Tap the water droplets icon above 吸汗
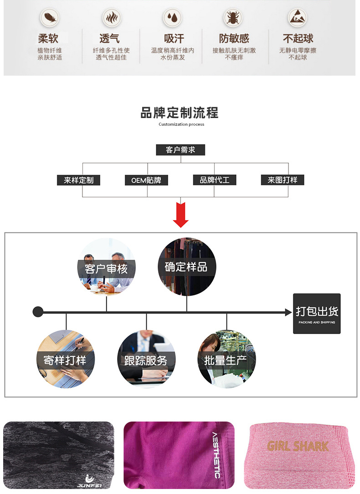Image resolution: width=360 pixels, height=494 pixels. pos(173,19)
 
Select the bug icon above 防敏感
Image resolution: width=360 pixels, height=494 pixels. pos(233,19)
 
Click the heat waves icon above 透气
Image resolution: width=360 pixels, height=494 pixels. pos(111,19)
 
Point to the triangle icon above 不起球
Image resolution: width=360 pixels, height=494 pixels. pos(297,19)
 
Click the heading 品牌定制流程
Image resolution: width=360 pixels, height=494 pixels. pos(180,113)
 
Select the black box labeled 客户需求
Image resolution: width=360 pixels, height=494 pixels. pos(180,150)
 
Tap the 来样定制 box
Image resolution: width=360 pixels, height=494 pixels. pos(79,180)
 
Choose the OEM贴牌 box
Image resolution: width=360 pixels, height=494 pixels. pos(146,180)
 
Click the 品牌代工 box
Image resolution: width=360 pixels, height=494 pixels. pos(215,180)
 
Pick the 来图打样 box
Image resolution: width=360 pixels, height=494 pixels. pos(283,180)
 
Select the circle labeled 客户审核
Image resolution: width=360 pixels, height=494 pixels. pos(106,267)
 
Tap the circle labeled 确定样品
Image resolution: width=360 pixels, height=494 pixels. pos(186,266)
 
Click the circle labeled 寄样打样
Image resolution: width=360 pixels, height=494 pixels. pos(66,359)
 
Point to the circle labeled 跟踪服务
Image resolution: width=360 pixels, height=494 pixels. pos(146,359)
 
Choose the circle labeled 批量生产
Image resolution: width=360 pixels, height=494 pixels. pos(226,359)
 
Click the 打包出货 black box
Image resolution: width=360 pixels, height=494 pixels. pos(317,314)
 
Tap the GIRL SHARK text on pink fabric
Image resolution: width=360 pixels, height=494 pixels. pos(298,446)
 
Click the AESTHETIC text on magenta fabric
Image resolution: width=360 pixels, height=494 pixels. pos(216,455)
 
